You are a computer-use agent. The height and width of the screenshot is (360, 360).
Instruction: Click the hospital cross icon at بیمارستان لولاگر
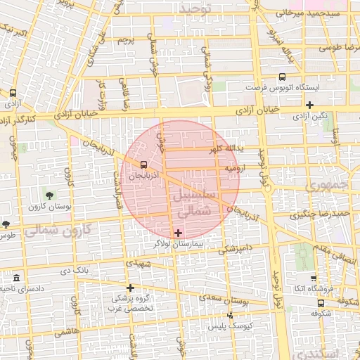[177, 233]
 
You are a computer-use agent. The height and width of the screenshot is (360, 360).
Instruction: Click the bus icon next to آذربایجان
[144, 166]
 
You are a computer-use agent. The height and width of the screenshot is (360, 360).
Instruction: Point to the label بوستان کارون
[46, 207]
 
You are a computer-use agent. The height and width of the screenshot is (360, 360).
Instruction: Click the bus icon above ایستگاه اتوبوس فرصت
[282, 77]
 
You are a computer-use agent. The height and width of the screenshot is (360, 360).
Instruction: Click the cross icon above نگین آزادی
[309, 105]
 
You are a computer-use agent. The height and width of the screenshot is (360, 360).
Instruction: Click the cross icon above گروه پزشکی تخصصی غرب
[130, 287]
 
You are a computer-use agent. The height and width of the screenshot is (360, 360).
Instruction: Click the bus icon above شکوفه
[321, 304]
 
